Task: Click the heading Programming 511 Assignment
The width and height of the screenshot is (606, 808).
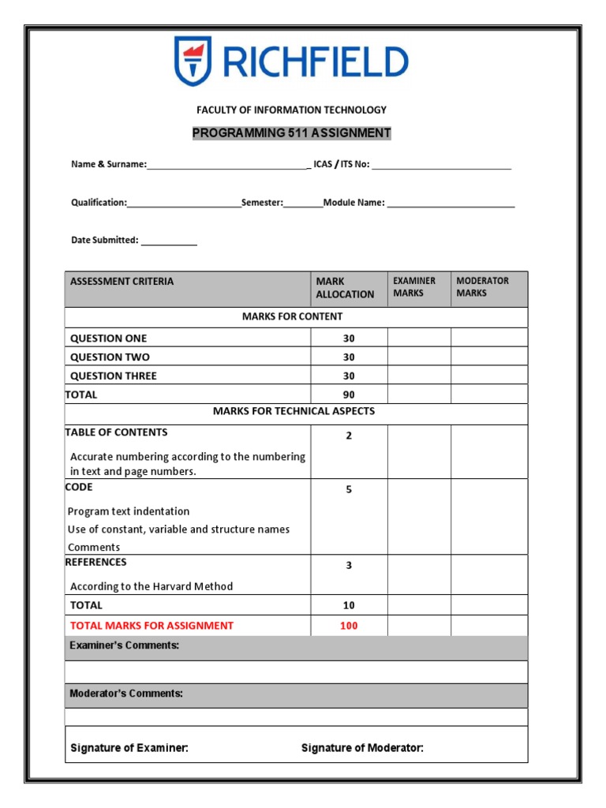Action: (291, 133)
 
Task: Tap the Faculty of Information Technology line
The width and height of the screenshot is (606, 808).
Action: (291, 110)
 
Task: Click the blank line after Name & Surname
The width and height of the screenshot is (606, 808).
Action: (228, 166)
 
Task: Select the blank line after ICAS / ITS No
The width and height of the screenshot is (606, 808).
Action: (441, 166)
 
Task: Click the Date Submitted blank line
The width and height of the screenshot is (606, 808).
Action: (169, 241)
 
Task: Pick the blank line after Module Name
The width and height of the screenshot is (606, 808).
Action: (451, 204)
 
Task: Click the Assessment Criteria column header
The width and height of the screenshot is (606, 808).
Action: (122, 282)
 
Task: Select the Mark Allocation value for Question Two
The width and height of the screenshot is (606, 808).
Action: (349, 357)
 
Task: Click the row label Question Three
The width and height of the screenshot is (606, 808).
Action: (114, 376)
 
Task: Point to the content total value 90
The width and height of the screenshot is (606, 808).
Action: (349, 395)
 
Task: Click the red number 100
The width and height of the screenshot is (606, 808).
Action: (349, 626)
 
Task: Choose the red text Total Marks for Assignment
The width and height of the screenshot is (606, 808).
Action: (151, 626)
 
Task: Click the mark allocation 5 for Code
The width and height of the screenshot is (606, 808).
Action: (349, 490)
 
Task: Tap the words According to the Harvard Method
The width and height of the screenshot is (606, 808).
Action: (151, 586)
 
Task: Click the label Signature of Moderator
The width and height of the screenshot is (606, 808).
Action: (362, 748)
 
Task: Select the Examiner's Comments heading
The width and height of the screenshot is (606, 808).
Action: (125, 645)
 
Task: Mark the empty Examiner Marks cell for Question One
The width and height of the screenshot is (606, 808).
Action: (419, 339)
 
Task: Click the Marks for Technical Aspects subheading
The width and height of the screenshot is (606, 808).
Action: (294, 411)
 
